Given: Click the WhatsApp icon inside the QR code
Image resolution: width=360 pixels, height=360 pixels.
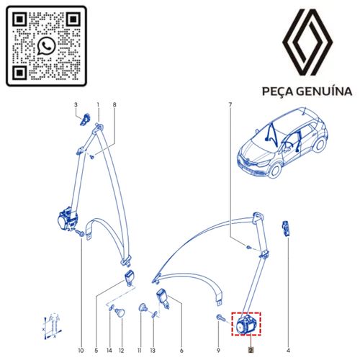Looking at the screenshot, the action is tap(47, 46).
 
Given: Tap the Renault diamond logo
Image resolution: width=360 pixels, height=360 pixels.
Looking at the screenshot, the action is tap(307, 42).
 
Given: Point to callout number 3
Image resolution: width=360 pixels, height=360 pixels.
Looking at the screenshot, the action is tap(76, 105).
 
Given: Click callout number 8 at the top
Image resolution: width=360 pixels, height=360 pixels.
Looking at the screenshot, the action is tap(114, 105).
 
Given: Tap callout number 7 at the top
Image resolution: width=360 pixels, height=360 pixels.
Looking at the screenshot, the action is tap(230, 105).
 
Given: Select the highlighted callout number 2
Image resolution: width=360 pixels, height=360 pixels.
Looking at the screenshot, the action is tap(251, 351).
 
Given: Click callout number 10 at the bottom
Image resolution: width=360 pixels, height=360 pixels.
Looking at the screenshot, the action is tap(81, 351).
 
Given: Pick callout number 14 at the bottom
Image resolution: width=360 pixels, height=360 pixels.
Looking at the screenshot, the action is tap(109, 351).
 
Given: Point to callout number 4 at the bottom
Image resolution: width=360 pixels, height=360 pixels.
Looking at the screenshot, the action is tap(288, 351).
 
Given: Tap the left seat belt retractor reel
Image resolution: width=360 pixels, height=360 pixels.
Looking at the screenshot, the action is tap(68, 219).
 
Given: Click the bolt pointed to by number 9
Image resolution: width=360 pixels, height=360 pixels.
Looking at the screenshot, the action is tap(220, 318).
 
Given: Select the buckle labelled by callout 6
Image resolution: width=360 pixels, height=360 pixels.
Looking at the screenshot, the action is tap(163, 299).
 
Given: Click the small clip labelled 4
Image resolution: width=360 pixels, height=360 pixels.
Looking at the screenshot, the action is tap(285, 228).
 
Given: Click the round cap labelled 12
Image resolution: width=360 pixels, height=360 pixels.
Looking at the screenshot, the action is tap(120, 312).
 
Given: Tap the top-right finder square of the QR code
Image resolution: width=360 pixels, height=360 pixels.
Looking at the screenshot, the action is tap(73, 19).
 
